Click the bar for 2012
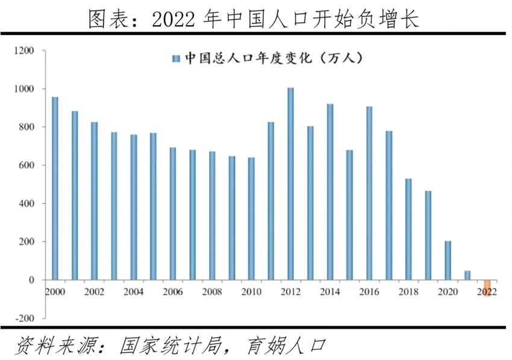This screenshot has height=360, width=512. tap(290, 184)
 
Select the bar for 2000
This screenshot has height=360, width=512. tap(55, 188)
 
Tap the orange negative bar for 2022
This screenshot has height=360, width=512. tap(487, 288)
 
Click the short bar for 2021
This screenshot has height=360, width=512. tap(467, 275)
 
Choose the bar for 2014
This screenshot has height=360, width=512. tap(330, 191)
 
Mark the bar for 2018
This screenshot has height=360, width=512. tap(408, 229)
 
